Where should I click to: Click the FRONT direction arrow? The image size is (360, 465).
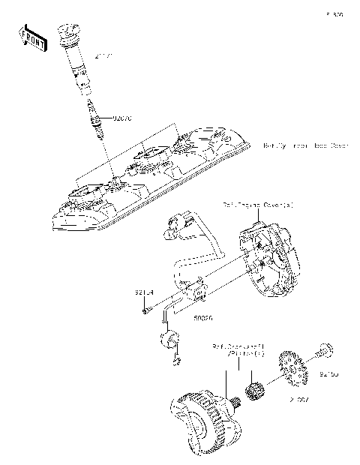pos(30,37)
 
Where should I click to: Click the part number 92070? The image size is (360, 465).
pos(122,118)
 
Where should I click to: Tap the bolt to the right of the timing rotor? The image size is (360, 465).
pos(325,350)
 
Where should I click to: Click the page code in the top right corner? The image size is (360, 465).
pos(334,14)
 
